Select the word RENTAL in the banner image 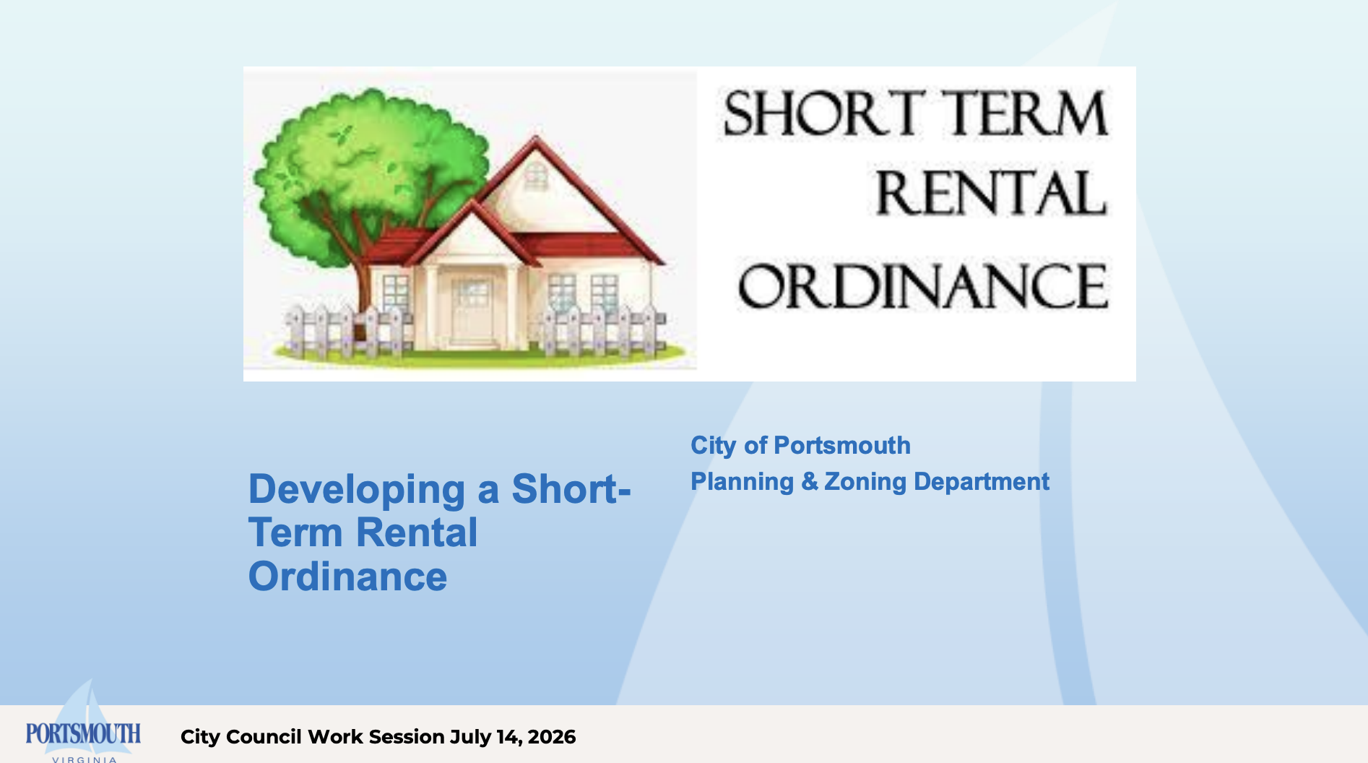[991, 193]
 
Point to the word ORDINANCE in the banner [922, 285]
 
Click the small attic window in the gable [535, 176]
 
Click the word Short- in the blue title [571, 489]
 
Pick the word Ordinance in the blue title [347, 577]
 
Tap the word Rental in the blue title [417, 533]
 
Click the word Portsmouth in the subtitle [842, 445]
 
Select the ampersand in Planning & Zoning [809, 481]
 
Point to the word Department [982, 482]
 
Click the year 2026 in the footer [552, 737]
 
